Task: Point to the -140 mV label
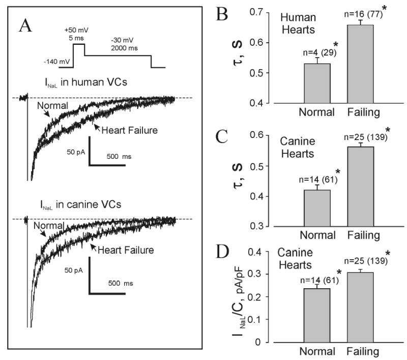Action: point(56,61)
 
